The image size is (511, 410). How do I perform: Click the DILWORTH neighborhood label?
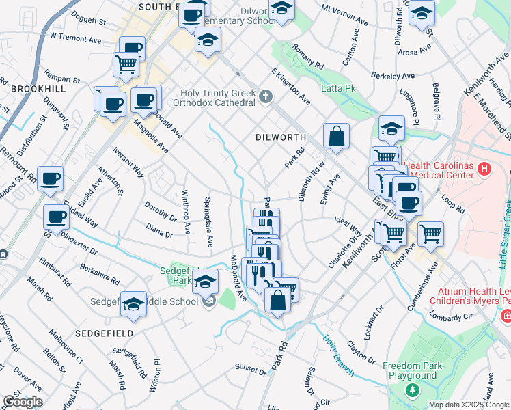pos(280,137)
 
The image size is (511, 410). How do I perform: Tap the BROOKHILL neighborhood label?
pos(38,90)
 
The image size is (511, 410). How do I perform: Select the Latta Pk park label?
pos(338,88)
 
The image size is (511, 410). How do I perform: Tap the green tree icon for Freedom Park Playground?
pos(412,390)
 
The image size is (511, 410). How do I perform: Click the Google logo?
pos(23,402)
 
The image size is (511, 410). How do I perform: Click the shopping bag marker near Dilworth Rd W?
pos(337,136)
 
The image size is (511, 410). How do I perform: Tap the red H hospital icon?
pos(484,169)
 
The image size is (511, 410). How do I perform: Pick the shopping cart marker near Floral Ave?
pos(431,234)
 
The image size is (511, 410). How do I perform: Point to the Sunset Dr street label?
pos(251,370)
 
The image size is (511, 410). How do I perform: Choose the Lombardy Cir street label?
pos(451,316)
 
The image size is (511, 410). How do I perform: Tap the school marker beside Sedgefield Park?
pos(205,282)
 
